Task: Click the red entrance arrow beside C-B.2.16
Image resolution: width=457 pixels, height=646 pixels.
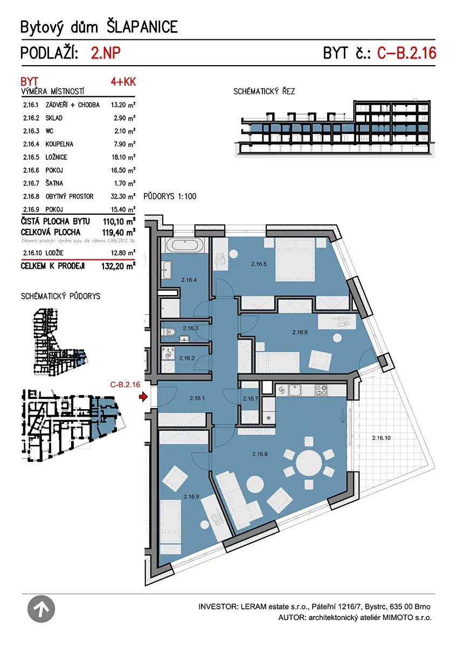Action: point(143,397)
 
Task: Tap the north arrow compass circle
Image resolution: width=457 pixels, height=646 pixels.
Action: point(41,609)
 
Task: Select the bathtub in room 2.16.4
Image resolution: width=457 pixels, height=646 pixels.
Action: point(185,245)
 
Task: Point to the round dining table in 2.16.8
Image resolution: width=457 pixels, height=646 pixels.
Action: point(309,464)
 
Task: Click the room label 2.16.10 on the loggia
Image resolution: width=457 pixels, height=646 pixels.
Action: point(381,438)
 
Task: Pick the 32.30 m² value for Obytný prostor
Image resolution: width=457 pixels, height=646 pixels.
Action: point(123,196)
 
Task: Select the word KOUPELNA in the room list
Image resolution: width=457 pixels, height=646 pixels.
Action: point(59,144)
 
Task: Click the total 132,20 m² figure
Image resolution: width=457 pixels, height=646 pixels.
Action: point(119,266)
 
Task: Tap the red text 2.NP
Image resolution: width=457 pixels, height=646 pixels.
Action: point(106,53)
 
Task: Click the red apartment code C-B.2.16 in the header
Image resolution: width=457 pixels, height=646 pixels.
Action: point(407,53)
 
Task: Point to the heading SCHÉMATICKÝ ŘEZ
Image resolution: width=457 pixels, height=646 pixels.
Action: point(264,92)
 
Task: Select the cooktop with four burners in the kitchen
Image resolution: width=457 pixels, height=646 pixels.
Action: point(321,390)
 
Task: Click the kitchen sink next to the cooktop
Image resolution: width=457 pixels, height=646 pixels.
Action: point(294,390)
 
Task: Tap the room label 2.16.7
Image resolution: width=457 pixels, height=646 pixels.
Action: point(250,398)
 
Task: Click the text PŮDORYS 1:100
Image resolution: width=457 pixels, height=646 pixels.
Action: point(170,196)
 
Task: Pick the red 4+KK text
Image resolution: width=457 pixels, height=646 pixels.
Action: point(123,82)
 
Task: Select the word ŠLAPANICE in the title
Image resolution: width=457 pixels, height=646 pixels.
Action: point(142,27)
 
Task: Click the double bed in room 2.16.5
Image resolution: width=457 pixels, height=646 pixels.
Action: point(295,259)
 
